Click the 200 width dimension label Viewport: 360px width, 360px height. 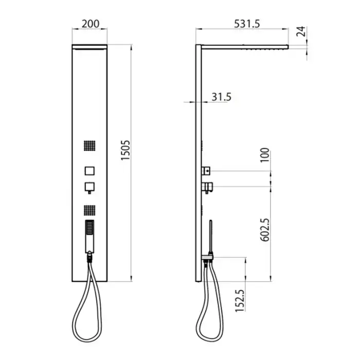pyautogui.click(x=91, y=24)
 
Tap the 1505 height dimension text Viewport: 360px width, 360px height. pyautogui.click(x=125, y=150)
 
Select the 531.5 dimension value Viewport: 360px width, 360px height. pyautogui.click(x=247, y=24)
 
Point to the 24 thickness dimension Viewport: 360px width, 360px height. pyautogui.click(x=301, y=31)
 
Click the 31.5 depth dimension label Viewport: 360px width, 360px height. pyautogui.click(x=221, y=97)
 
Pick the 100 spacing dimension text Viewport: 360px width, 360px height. pyautogui.click(x=264, y=155)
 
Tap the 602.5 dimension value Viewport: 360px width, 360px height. pyautogui.click(x=265, y=230)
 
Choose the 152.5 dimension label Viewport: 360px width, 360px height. pyautogui.click(x=240, y=300)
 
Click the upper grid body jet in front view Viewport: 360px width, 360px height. pyautogui.click(x=89, y=146)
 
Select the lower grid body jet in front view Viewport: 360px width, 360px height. pyautogui.click(x=89, y=210)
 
